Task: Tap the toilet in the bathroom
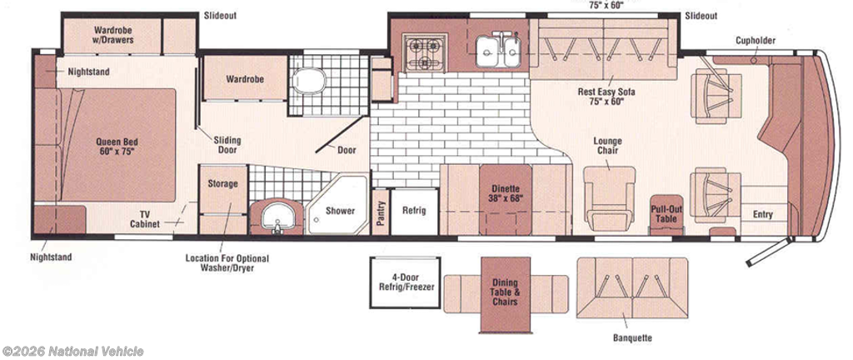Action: (x=307, y=82)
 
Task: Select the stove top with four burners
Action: (x=425, y=52)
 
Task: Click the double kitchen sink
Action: (x=498, y=51)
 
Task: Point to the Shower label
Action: (x=341, y=211)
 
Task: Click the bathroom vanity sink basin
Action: (x=277, y=217)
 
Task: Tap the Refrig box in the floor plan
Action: (x=414, y=212)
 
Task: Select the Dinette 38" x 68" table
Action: (x=506, y=199)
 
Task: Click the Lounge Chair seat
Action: (x=609, y=196)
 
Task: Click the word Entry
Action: (x=763, y=214)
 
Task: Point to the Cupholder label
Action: (x=756, y=41)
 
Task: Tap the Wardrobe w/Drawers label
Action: (x=113, y=35)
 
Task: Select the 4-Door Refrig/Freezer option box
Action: (x=405, y=282)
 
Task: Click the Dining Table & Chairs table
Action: (x=506, y=293)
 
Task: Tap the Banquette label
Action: (x=632, y=338)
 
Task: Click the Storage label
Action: (x=222, y=184)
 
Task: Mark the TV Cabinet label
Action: (x=145, y=219)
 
